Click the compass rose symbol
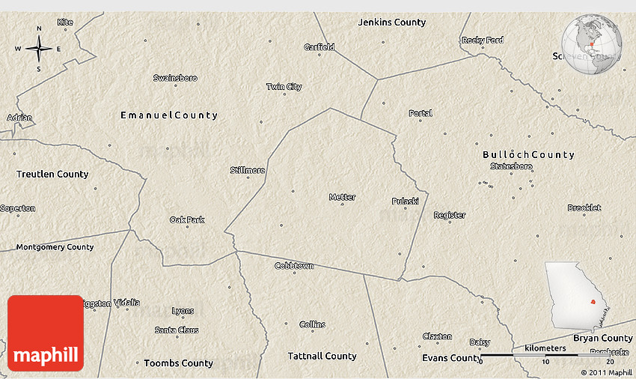tap(38, 49)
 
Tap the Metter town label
tap(342, 197)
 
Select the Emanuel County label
tap(169, 115)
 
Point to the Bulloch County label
tap(528, 155)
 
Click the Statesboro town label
tap(512, 166)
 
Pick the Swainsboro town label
tap(175, 78)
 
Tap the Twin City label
tap(284, 87)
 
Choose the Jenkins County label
tap(392, 22)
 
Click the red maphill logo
tap(46, 333)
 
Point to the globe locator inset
tap(592, 45)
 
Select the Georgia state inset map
tap(575, 294)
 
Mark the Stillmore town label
tap(248, 170)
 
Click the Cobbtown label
tap(294, 266)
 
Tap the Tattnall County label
tap(322, 356)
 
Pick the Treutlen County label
tap(52, 174)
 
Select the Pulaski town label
tap(405, 201)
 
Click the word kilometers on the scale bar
tap(545, 348)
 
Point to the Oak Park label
tap(187, 219)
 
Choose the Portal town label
tap(421, 114)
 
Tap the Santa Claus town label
tap(177, 330)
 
